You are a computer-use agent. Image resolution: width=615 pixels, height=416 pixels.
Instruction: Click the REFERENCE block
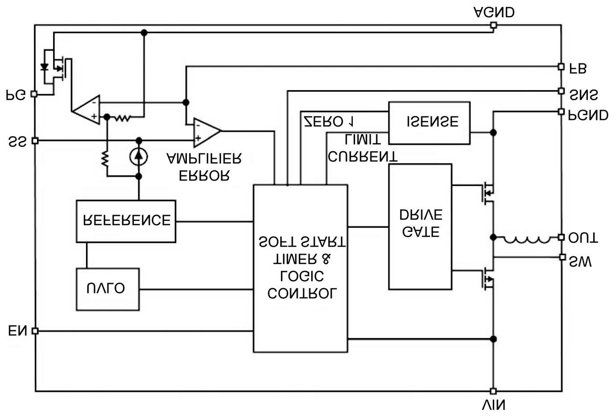coord(126,221)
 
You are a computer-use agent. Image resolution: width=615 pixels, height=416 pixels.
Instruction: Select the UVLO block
coord(107,289)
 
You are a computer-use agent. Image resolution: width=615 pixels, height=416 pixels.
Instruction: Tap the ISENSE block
coord(429,123)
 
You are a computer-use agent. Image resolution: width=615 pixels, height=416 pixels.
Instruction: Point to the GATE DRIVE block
coord(420,227)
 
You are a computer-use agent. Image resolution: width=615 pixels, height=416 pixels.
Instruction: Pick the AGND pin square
coord(493,25)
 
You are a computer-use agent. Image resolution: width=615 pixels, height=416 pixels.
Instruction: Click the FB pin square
coord(561,66)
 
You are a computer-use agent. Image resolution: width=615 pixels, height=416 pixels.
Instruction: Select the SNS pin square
coord(561,91)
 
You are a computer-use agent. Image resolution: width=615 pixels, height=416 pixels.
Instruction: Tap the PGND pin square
coord(561,111)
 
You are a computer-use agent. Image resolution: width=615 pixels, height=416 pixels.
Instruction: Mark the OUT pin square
coord(561,237)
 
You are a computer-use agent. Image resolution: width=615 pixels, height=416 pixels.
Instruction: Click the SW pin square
coord(562,257)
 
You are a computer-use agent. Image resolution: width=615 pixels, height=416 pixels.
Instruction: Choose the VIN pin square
coord(493,391)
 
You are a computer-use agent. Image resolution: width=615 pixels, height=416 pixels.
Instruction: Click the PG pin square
coord(34,94)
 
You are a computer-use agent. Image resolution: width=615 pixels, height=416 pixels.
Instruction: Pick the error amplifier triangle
coord(206,132)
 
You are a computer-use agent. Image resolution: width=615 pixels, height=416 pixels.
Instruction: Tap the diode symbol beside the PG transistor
coord(44,67)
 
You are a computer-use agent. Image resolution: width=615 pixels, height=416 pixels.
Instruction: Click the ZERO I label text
coord(329,121)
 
